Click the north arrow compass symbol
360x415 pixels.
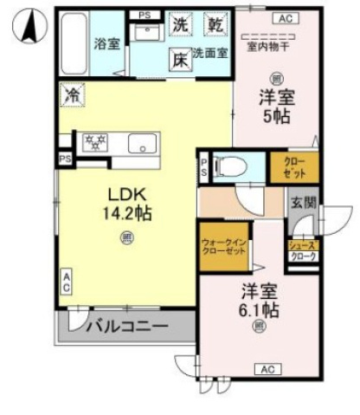point(29,27)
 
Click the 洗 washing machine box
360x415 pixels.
point(179,24)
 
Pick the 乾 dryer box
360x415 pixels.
point(212,24)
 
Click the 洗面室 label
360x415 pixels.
point(210,54)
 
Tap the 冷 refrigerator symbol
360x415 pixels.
point(72,94)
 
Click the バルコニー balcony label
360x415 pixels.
point(125,327)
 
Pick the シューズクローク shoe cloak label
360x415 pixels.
point(303,251)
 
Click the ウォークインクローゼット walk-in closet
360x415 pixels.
point(222,250)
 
